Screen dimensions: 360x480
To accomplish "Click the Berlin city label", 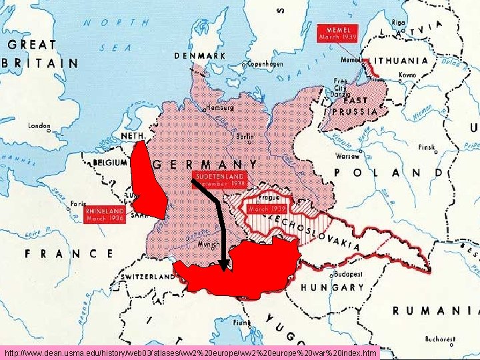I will (245, 135).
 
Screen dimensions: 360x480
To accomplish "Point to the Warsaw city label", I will (347, 158).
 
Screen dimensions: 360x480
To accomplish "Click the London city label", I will (39, 125).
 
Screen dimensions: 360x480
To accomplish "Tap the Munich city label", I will (209, 245).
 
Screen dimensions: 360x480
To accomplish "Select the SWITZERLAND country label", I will (147, 276).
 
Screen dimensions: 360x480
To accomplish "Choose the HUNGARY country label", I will (333, 288).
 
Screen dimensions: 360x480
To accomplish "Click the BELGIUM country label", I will (110, 162).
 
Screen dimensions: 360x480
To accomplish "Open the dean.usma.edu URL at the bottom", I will (190, 352).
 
